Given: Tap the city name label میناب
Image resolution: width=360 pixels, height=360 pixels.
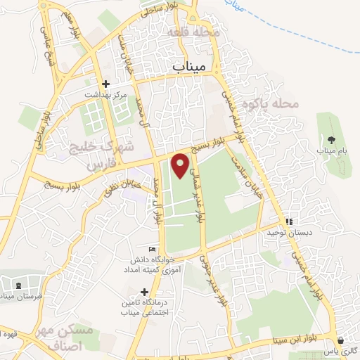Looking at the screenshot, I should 191,65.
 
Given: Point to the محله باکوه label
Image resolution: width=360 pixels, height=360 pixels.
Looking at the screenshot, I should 271,104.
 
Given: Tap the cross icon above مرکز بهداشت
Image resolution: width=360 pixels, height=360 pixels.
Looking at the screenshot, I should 105,83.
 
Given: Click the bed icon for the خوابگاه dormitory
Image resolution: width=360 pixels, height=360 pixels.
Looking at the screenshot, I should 152,249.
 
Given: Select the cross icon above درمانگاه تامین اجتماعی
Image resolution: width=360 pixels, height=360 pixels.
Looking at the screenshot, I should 144,292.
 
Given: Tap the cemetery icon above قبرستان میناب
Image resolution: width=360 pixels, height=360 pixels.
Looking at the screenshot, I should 18,285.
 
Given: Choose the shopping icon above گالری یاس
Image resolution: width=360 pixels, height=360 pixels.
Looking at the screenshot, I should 341,340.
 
